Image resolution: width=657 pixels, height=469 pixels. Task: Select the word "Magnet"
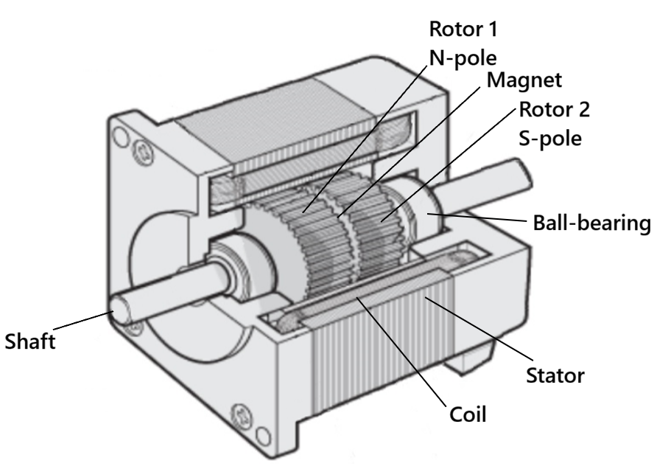pyautogui.click(x=524, y=80)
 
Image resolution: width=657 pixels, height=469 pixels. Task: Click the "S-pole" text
pyautogui.click(x=549, y=138)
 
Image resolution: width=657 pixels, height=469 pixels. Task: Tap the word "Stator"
pyautogui.click(x=555, y=375)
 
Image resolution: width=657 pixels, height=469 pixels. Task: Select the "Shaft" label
pyautogui.click(x=30, y=342)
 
